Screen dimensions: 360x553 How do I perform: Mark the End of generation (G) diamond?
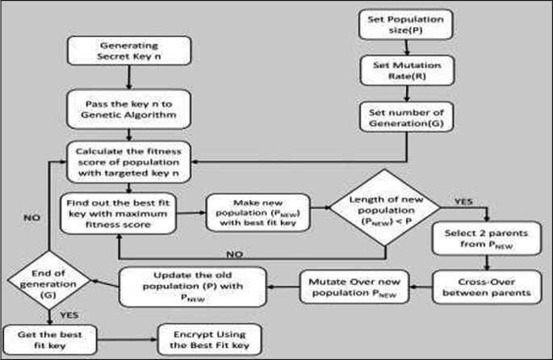coord(48,283)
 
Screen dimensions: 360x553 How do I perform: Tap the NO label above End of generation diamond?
coord(32,217)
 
